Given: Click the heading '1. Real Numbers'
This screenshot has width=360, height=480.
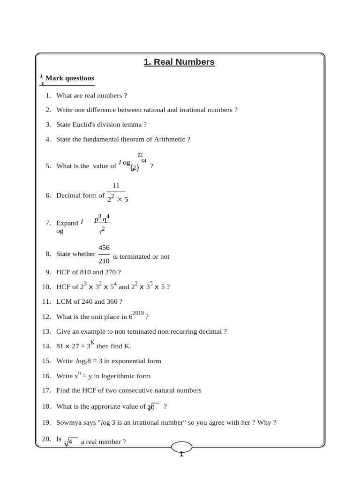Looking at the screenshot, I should pos(179,62).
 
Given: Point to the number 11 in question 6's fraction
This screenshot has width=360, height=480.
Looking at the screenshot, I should pos(116,186).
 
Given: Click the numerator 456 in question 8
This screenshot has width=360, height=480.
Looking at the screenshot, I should pos(104,247).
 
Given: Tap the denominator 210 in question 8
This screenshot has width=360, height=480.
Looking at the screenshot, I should pos(104,261).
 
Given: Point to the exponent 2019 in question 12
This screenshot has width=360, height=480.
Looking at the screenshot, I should pos(138,313).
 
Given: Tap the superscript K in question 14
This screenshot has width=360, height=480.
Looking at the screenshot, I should pos(92,343).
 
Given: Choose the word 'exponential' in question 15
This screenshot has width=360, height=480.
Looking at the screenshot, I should pos(127,361).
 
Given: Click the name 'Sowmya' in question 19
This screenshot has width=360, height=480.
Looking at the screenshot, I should pos(67,422).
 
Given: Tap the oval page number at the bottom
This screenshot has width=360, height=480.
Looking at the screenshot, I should pos(181,448).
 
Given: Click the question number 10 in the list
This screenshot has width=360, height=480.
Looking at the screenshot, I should pos(46,287).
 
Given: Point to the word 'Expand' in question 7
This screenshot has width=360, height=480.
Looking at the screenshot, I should pos(67,223).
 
